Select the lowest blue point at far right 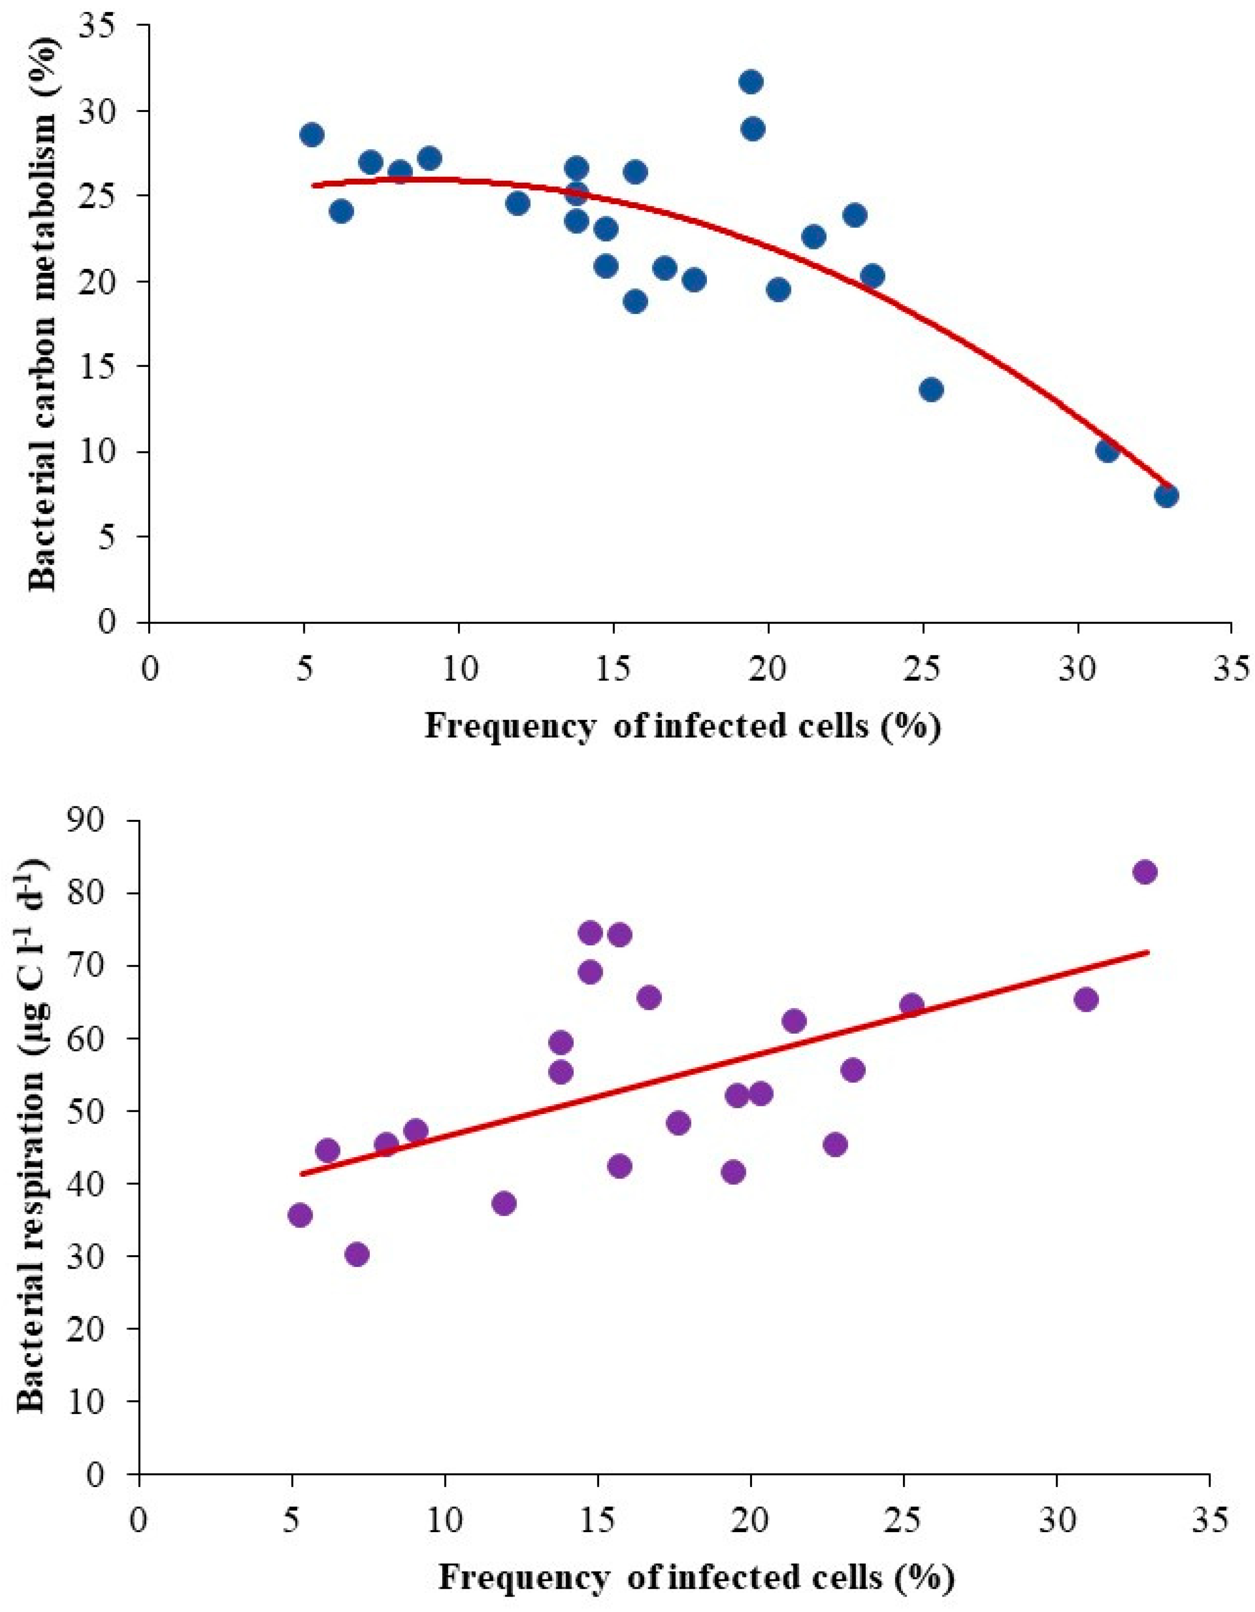[x=1166, y=495]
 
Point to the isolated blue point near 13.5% [x=931, y=390]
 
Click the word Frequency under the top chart [x=509, y=707]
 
